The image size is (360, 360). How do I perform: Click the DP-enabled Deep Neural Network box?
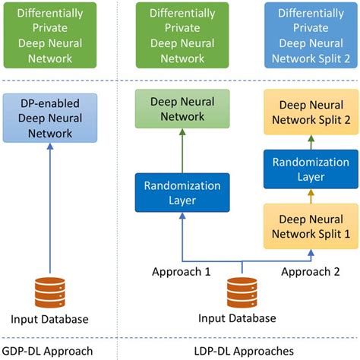pos(49,117)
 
